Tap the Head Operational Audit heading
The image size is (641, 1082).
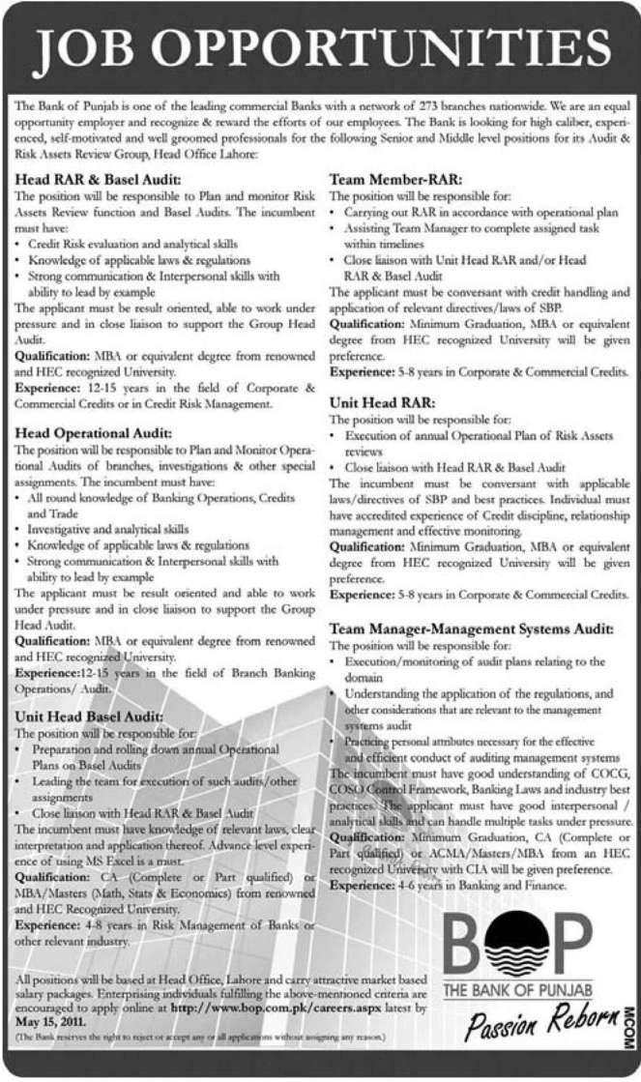[98, 434]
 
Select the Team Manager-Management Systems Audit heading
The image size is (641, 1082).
[471, 628]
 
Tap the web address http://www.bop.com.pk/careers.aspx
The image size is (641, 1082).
[273, 1006]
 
